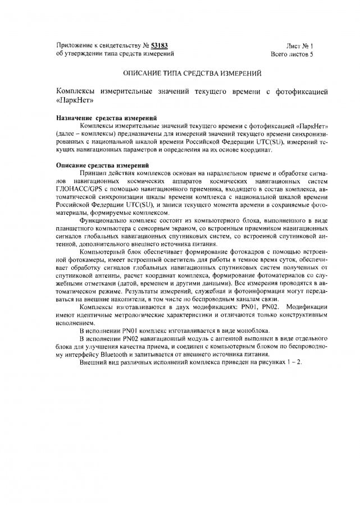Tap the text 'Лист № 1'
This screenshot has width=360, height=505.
click(x=299, y=45)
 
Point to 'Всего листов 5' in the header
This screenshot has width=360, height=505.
click(x=292, y=54)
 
